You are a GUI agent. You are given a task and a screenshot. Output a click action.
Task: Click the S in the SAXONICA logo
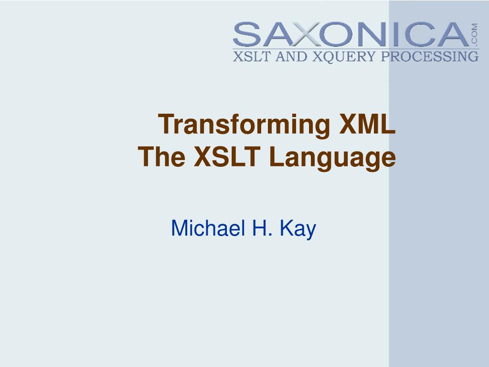click(248, 34)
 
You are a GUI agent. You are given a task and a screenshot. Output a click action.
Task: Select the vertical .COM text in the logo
click(474, 34)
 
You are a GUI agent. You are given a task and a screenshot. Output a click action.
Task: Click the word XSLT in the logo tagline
click(250, 56)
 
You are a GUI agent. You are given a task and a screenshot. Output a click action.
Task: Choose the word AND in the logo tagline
click(289, 56)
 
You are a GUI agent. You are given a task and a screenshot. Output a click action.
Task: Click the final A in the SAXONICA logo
click(450, 34)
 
